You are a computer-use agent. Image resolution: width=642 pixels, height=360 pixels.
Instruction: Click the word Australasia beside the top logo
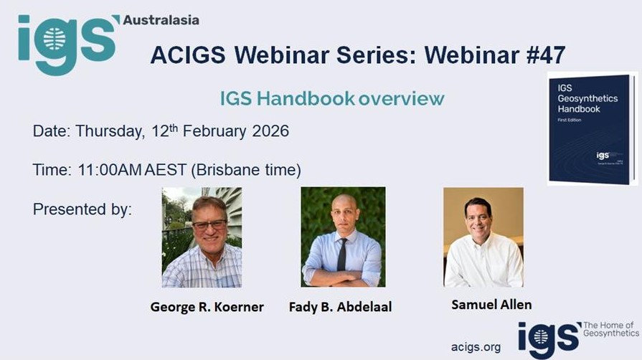161,20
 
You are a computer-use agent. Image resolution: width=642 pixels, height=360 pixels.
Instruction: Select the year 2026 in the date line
270,131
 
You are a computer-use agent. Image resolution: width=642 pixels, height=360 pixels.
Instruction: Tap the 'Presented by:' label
82,209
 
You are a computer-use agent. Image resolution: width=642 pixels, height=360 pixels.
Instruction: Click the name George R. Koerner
207,307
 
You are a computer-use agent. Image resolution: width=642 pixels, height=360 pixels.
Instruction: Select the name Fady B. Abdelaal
340,307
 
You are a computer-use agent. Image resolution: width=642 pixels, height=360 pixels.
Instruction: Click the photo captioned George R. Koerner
202,237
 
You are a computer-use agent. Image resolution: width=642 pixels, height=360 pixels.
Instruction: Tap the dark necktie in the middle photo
342,255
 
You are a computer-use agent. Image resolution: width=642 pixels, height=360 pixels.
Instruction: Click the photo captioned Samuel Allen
483,237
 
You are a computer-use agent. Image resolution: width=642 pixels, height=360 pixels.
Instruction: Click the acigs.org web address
476,347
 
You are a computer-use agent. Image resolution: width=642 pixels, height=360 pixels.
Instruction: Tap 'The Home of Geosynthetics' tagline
610,329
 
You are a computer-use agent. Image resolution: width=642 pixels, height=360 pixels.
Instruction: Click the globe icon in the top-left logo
55,40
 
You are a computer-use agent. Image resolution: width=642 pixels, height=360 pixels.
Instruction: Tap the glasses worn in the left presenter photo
209,224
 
